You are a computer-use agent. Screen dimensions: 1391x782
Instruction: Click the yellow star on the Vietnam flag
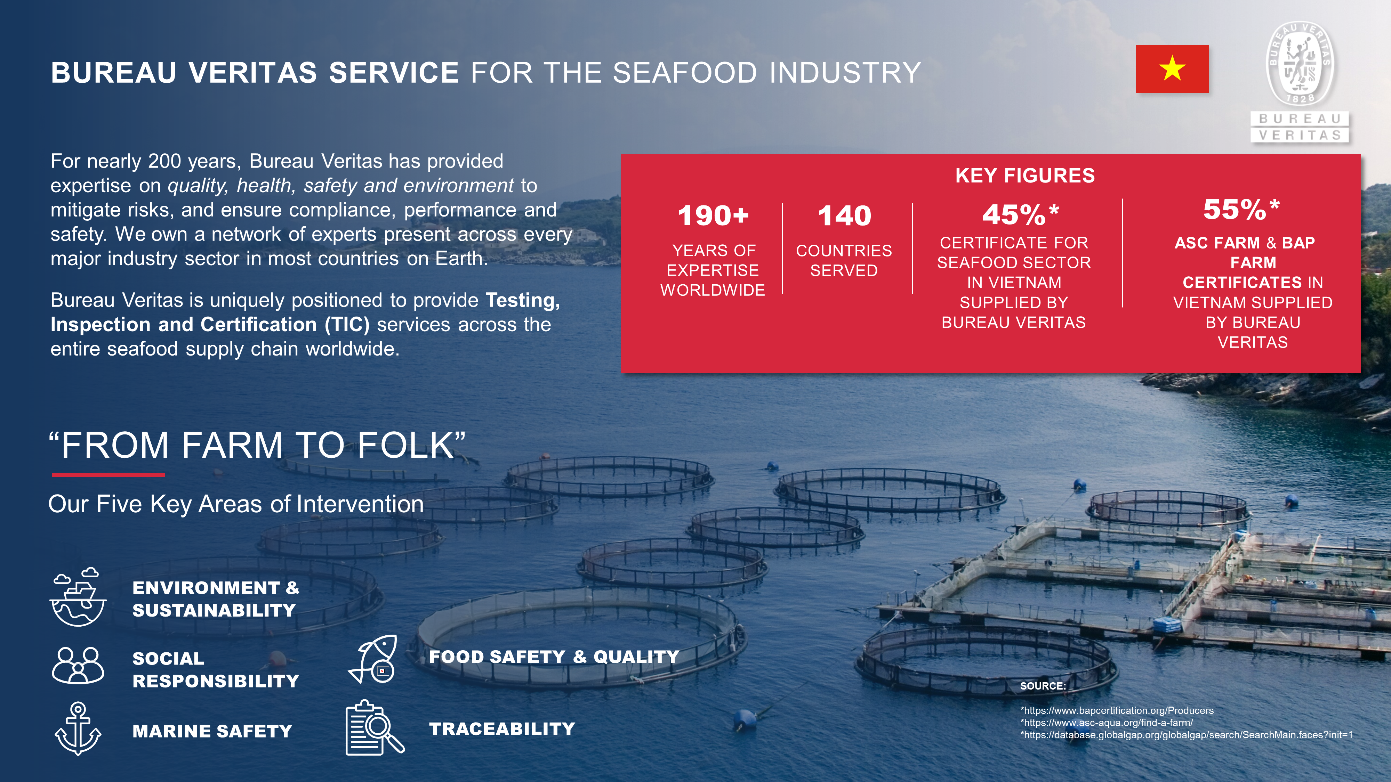1172,68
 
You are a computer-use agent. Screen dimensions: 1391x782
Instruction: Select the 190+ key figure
713,215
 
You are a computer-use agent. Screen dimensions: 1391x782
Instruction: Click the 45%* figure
1021,214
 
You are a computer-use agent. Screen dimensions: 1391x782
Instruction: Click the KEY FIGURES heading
1025,176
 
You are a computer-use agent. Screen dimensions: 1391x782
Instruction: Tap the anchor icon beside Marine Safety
78,728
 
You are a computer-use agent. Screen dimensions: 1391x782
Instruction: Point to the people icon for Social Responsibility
78,666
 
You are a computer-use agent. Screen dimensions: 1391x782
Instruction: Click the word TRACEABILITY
502,729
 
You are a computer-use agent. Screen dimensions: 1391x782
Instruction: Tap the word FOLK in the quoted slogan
405,445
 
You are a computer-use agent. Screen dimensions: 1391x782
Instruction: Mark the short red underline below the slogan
108,475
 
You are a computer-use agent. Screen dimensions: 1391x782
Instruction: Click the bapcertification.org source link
1117,711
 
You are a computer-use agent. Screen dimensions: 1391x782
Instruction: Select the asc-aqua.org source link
1107,723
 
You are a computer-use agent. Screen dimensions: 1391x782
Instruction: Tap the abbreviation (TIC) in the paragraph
347,324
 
